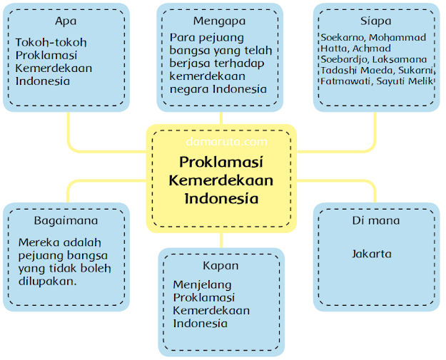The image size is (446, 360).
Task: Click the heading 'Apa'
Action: coord(66,21)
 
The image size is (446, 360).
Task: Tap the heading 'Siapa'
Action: coord(375,21)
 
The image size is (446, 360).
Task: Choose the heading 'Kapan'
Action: coord(221,265)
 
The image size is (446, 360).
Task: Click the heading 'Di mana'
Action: coord(375,220)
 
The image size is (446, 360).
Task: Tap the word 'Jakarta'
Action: coord(371,254)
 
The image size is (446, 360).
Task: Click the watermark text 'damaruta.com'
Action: coord(221,142)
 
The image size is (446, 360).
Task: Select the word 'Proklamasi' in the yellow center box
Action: coord(221,161)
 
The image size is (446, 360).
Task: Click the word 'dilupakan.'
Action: coord(46,280)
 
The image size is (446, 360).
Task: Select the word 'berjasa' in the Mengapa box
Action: coord(188,63)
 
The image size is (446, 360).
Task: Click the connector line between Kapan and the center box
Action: coord(221,240)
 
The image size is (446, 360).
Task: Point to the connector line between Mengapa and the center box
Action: coord(221,118)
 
